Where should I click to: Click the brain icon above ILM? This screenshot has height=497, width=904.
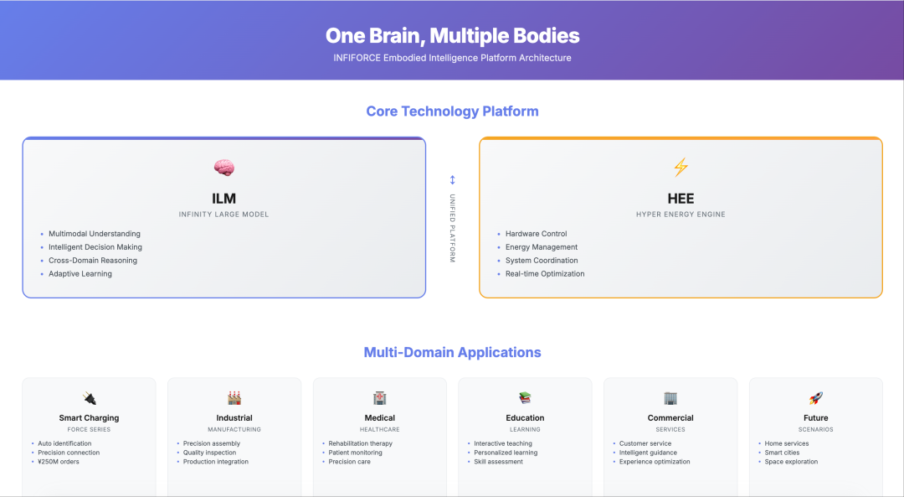click(223, 168)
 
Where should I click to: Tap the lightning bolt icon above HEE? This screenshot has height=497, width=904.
click(681, 168)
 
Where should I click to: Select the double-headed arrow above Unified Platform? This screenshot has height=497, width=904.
click(453, 180)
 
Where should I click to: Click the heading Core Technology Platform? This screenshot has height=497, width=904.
click(453, 111)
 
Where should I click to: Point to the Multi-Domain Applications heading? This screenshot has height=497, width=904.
click(453, 352)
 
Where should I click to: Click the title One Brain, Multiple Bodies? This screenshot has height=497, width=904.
click(453, 36)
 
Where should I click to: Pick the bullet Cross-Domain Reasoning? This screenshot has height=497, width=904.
click(93, 261)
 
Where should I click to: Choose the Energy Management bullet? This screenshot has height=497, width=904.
click(542, 247)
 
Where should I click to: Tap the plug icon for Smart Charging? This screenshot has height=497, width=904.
click(89, 398)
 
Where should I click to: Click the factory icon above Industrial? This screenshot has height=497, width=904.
click(234, 398)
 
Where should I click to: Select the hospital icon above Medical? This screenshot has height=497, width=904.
click(379, 398)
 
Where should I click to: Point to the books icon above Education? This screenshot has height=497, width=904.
click(525, 398)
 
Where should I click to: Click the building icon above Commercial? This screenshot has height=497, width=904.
click(670, 398)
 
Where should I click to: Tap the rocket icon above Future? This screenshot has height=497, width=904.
click(816, 398)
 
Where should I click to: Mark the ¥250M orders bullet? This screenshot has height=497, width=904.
click(59, 462)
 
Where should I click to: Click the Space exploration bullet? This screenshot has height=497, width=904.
click(791, 462)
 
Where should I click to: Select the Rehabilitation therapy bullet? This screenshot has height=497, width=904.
click(360, 443)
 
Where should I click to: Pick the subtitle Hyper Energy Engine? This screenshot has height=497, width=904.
click(681, 215)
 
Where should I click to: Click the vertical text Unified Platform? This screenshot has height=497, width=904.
click(453, 229)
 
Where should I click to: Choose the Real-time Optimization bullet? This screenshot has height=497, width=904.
click(545, 273)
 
